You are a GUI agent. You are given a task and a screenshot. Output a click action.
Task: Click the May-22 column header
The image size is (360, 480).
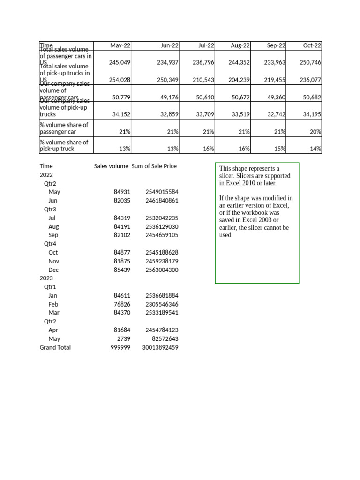click(120, 45)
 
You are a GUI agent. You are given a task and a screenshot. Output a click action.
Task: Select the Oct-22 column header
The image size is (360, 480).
click(312, 45)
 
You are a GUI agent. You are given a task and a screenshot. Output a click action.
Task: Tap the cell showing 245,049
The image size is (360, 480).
click(120, 62)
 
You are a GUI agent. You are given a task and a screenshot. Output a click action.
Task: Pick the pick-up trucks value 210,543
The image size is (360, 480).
click(203, 80)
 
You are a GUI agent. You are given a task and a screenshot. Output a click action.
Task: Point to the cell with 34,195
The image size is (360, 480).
click(312, 114)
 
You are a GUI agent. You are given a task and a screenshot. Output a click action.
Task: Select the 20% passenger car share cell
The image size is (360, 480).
click(315, 132)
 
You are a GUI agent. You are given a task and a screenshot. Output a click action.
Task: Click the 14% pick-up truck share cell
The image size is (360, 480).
click(315, 149)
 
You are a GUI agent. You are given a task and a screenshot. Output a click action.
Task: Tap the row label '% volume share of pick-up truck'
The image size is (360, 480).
click(64, 145)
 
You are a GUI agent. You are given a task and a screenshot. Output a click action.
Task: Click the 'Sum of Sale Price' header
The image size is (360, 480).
click(154, 166)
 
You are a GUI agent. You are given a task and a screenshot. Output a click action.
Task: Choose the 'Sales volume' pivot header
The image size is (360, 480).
click(111, 166)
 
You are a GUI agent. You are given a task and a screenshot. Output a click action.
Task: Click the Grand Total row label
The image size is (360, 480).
click(55, 347)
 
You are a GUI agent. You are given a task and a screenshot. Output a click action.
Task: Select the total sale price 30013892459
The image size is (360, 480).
click(160, 347)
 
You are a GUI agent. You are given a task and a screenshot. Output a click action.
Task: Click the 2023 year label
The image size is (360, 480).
click(46, 278)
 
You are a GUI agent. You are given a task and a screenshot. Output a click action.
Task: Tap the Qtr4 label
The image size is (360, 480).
click(50, 244)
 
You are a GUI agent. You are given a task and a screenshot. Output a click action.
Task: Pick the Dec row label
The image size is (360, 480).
click(53, 270)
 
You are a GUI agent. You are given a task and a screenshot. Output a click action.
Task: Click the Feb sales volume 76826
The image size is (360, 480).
click(122, 304)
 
